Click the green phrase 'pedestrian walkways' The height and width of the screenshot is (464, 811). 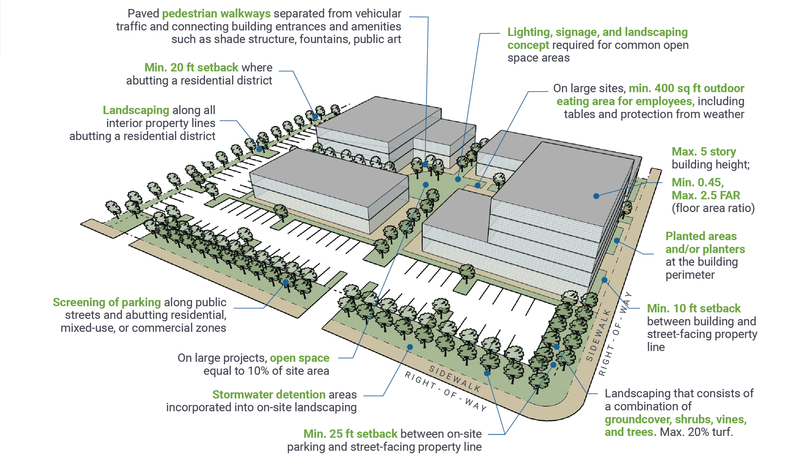pos(216,14)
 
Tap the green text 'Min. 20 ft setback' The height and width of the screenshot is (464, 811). pos(191,67)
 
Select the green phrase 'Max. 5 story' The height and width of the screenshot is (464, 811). pos(703,151)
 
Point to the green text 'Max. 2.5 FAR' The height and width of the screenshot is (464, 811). pos(706,195)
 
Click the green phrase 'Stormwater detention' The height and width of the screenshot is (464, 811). pos(269,394)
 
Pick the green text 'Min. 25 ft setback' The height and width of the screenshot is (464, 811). pos(350,434)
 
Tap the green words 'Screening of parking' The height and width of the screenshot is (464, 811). pos(107,302)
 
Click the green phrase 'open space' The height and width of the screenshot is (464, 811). pos(299,358)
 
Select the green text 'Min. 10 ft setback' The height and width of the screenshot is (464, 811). pos(694,308)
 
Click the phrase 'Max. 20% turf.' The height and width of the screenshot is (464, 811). pos(696,432)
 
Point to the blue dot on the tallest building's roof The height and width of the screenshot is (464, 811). pos(596,196)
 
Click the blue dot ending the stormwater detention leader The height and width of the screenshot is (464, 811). pos(410,347)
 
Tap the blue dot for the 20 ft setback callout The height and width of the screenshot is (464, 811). pos(315,116)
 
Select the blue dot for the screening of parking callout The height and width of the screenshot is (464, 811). pos(285,282)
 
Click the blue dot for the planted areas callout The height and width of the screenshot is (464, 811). pos(617,241)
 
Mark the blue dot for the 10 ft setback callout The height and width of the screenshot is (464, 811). pos(604,280)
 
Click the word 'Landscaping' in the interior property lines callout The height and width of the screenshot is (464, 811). pos(136,110)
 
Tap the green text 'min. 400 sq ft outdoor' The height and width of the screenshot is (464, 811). pos(686,88)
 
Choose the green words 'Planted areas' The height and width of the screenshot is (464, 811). pos(701,236)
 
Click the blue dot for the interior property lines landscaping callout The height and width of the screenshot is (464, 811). pos(259,149)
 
